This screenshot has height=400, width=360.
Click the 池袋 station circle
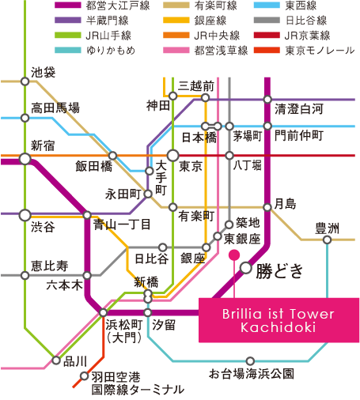coord(25,81)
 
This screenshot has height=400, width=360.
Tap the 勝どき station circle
coord(246,268)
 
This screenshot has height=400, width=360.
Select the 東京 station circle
coord(173,156)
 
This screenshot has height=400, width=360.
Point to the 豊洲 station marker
coord(327,240)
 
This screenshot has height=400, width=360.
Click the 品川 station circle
coord(56,360)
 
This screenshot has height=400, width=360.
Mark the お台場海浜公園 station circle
coord(250,360)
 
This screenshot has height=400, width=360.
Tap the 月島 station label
coord(285,204)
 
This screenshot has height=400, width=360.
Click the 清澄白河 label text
coord(299,109)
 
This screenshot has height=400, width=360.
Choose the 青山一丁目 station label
coord(122,225)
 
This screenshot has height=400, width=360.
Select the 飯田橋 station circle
coord(112,156)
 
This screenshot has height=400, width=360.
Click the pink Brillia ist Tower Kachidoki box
coord(279,320)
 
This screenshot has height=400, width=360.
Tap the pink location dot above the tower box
coord(234,255)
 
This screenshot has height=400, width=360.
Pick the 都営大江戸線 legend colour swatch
coord(68,6)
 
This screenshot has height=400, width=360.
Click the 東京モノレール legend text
coord(320,51)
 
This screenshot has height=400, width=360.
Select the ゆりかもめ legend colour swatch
coord(68,50)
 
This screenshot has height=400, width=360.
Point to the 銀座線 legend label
coord(210,21)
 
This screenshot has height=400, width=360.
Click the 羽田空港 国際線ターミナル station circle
coord(84,375)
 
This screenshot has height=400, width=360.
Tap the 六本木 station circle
coord(87,276)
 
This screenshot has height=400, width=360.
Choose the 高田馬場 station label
coord(55,108)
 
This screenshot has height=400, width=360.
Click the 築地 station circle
coord(229,225)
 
